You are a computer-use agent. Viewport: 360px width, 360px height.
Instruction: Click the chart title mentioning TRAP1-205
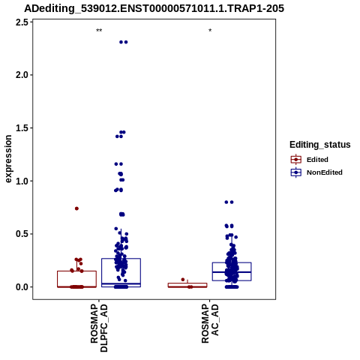[x=154, y=9]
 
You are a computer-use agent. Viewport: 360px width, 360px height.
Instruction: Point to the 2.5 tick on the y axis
[x=22, y=22]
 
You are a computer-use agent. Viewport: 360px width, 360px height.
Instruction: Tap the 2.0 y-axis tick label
[x=22, y=75]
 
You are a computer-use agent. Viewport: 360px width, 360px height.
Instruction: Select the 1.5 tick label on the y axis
[x=22, y=128]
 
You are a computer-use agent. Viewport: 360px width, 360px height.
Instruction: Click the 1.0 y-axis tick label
[x=22, y=181]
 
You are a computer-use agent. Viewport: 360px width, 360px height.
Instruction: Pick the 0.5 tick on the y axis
[x=22, y=234]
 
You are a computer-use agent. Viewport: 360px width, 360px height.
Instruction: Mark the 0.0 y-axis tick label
[x=22, y=287]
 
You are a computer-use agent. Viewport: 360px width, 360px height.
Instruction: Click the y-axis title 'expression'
[x=8, y=159]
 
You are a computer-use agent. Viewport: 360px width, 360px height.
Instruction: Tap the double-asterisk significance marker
[x=99, y=31]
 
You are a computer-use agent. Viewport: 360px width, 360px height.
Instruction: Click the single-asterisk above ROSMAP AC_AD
[x=210, y=31]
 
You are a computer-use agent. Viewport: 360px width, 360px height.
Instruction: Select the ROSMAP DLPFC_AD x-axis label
[x=99, y=328]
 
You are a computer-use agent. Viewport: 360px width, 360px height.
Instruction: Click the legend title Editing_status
[x=320, y=145]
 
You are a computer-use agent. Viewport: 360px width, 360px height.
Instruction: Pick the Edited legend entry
[x=309, y=160]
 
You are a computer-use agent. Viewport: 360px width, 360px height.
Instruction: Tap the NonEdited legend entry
[x=316, y=172]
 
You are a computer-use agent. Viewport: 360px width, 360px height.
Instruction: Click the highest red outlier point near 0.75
[x=76, y=208]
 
